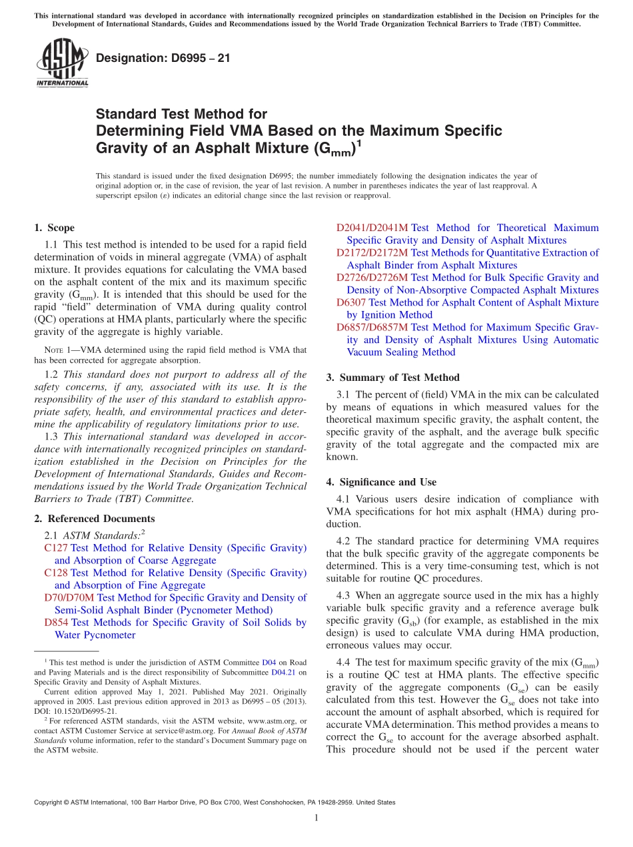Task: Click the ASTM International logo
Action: tap(62, 64)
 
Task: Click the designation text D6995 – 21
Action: tap(163, 58)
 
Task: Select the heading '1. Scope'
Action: tap(54, 228)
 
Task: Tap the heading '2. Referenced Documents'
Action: tap(94, 519)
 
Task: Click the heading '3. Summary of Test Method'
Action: tap(392, 378)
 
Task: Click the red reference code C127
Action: tap(56, 548)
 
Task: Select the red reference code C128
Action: tap(56, 573)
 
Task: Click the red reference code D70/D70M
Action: tap(69, 598)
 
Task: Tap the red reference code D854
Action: tap(57, 623)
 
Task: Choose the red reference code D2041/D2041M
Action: tap(372, 228)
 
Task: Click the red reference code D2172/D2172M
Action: tap(372, 253)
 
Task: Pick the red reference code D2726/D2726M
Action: tap(372, 278)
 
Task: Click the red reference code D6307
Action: tap(350, 302)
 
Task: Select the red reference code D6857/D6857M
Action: tap(372, 328)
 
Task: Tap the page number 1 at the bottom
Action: tap(316, 818)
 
